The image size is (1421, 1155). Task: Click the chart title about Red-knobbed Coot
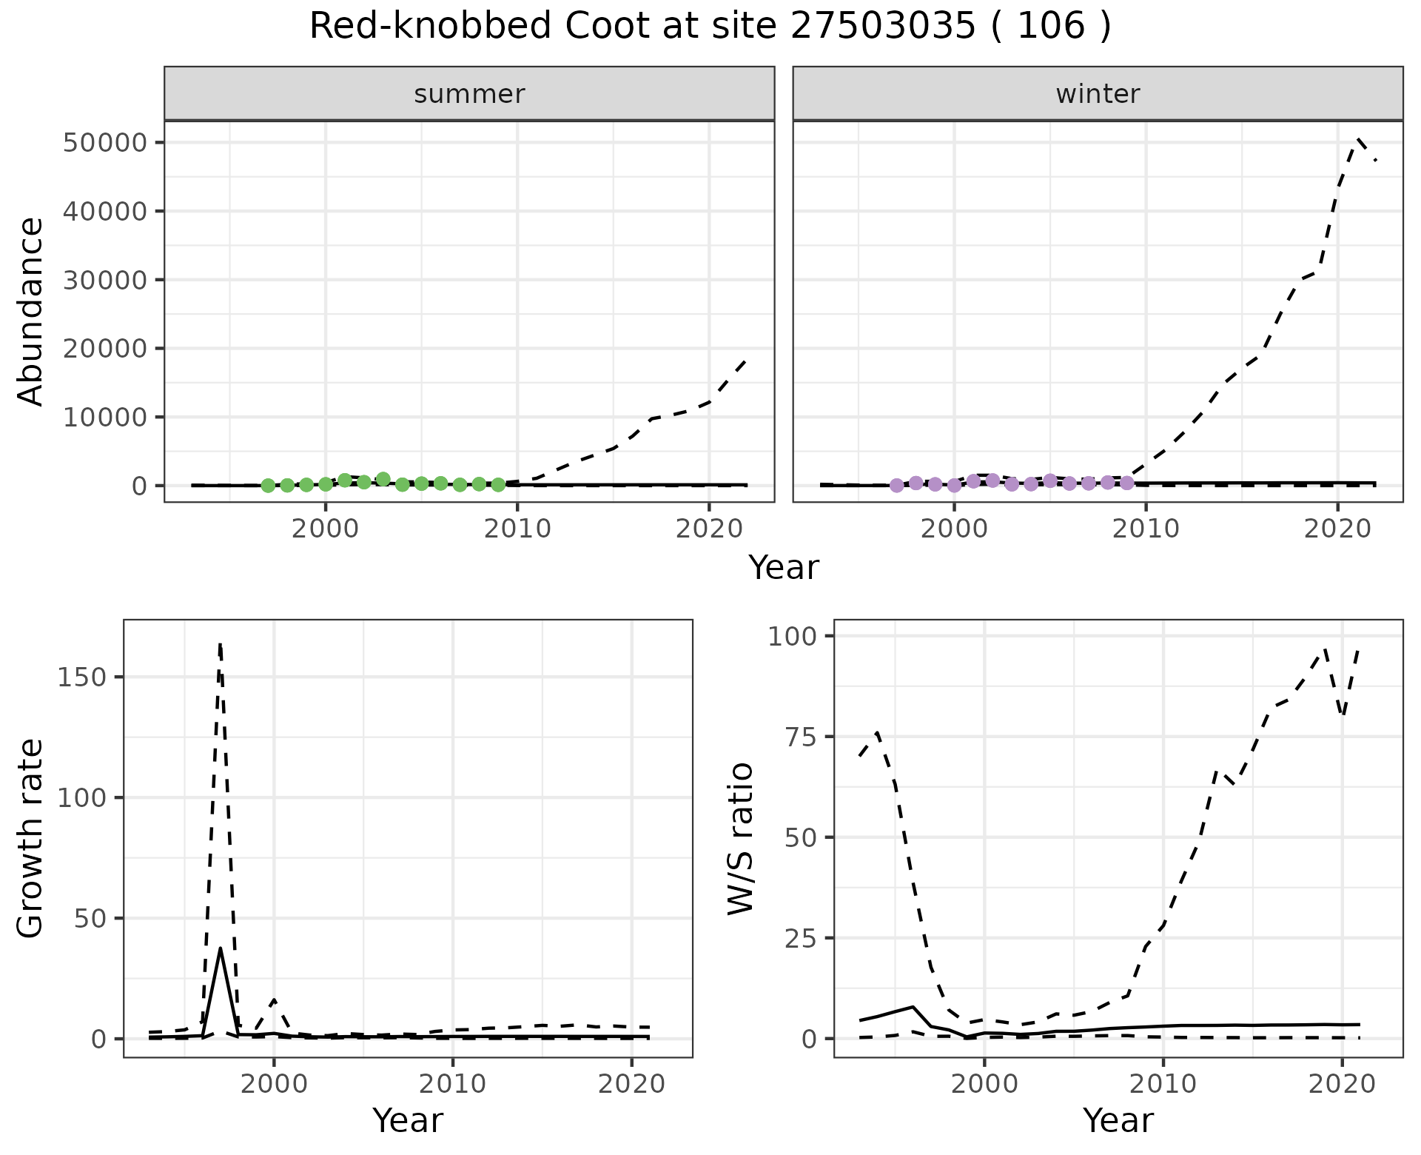(710, 27)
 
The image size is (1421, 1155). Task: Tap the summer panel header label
(469, 94)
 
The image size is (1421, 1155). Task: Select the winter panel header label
(1098, 94)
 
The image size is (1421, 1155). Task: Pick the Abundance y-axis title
(31, 311)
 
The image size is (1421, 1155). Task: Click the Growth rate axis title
(31, 838)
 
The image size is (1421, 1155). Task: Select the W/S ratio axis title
(740, 838)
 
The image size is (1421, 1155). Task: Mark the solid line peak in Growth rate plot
(221, 948)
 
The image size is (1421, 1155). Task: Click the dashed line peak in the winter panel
(1358, 138)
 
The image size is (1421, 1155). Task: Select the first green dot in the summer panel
(268, 486)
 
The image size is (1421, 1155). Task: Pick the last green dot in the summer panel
(498, 485)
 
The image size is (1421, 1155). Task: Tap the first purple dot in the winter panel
(897, 486)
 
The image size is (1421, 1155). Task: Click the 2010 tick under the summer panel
(517, 529)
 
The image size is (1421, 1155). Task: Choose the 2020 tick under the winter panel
(1337, 529)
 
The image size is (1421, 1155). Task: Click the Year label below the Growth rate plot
(408, 1120)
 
